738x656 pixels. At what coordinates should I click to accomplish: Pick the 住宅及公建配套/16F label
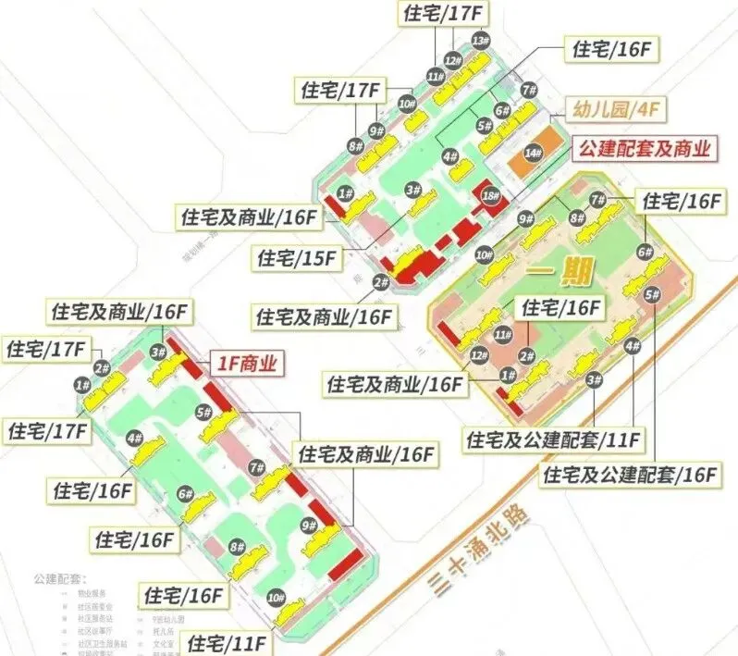(x=632, y=476)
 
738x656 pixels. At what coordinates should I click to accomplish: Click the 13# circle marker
(x=480, y=41)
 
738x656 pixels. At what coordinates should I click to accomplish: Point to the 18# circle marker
(x=489, y=196)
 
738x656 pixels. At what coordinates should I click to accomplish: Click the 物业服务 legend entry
(x=90, y=593)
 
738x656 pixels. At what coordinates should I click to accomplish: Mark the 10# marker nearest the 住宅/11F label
(x=276, y=598)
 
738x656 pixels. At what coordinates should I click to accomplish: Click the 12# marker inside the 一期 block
(x=479, y=355)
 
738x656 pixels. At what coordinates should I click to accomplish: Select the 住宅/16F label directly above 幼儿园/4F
(x=611, y=50)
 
